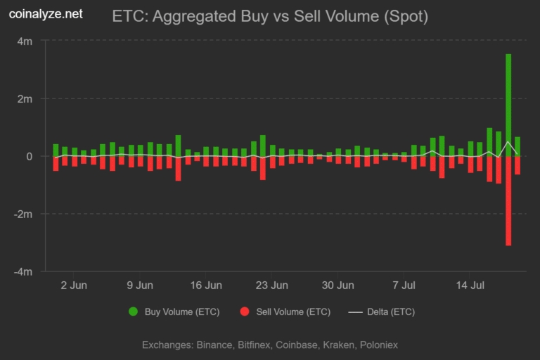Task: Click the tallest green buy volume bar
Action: point(508,105)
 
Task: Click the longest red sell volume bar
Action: point(508,201)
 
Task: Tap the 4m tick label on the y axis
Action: point(25,41)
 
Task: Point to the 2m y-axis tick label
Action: point(25,99)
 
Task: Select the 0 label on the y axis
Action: point(30,156)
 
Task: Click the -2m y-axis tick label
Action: point(23,214)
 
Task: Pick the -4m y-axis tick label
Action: point(23,272)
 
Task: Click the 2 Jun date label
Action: point(74,285)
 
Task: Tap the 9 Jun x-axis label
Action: point(140,285)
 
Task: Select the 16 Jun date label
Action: point(206,285)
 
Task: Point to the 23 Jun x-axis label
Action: point(271,285)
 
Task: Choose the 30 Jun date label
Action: point(337,285)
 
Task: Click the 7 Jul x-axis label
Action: point(404,285)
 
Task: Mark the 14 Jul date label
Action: point(470,285)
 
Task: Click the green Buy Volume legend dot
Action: point(134,311)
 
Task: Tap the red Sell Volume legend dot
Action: point(245,311)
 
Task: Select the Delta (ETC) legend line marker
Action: point(355,312)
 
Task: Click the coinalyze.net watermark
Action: point(46,14)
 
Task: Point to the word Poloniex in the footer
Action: point(379,345)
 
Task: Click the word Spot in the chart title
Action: point(406,16)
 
